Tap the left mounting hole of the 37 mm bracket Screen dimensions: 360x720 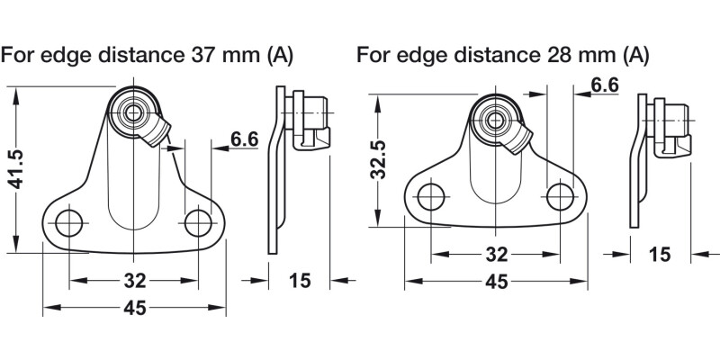[x=69, y=223]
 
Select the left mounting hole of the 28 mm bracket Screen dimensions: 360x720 [x=431, y=195]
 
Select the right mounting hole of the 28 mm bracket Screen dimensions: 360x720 [x=559, y=194]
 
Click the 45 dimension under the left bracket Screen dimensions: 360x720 [x=134, y=308]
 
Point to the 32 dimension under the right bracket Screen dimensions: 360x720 [x=495, y=254]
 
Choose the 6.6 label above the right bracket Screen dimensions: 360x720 [x=604, y=85]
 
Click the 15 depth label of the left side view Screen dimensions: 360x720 [x=300, y=281]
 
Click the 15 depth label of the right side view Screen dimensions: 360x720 [x=659, y=255]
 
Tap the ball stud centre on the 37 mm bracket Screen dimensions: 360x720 [x=134, y=112]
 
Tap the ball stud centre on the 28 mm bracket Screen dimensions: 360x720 [x=494, y=117]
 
